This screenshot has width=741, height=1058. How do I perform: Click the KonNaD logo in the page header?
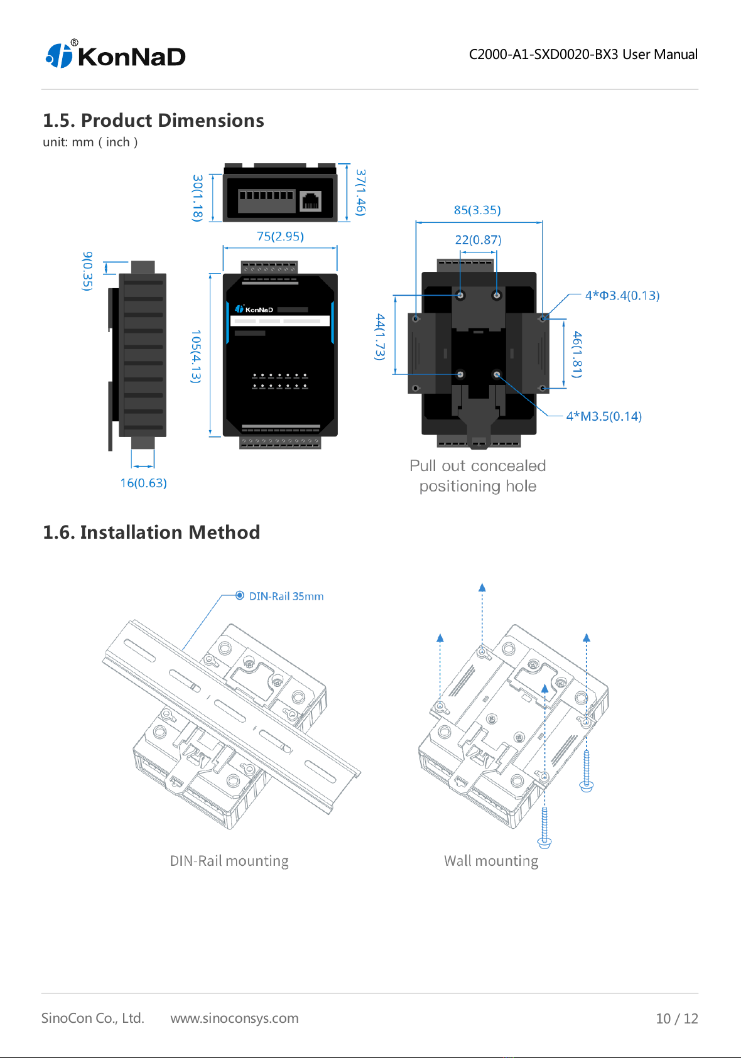coord(116,55)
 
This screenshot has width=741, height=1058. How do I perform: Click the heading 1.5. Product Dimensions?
coord(153,121)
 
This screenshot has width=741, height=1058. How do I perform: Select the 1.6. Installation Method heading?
coord(151,532)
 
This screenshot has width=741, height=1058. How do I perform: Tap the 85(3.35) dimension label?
coord(477,210)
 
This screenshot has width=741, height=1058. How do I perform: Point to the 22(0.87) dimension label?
coord(478,239)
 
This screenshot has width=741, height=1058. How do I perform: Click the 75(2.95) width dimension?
coord(280,235)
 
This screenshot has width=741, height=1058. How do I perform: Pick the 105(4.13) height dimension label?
coord(195,357)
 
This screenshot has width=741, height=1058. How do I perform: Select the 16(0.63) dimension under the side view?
coord(143,483)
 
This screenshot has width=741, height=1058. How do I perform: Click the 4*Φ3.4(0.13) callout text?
coord(622,295)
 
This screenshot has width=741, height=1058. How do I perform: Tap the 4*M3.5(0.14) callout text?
coord(603,416)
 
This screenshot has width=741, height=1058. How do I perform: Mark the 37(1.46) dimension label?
coord(360,193)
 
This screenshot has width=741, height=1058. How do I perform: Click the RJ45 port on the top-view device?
coord(311,201)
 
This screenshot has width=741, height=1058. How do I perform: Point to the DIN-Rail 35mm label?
coord(286,596)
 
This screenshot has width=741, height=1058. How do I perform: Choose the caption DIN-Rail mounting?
coord(229,861)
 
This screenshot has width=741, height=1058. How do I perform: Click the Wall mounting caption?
coord(490,861)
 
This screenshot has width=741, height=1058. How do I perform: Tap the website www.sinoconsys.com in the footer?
coord(234,1018)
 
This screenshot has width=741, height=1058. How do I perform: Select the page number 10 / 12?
coord(677,1018)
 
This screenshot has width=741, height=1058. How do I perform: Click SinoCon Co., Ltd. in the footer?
coord(92,1017)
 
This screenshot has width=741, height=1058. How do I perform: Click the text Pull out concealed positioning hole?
coord(477,475)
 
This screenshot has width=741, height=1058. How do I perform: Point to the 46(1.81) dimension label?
coord(577,354)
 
